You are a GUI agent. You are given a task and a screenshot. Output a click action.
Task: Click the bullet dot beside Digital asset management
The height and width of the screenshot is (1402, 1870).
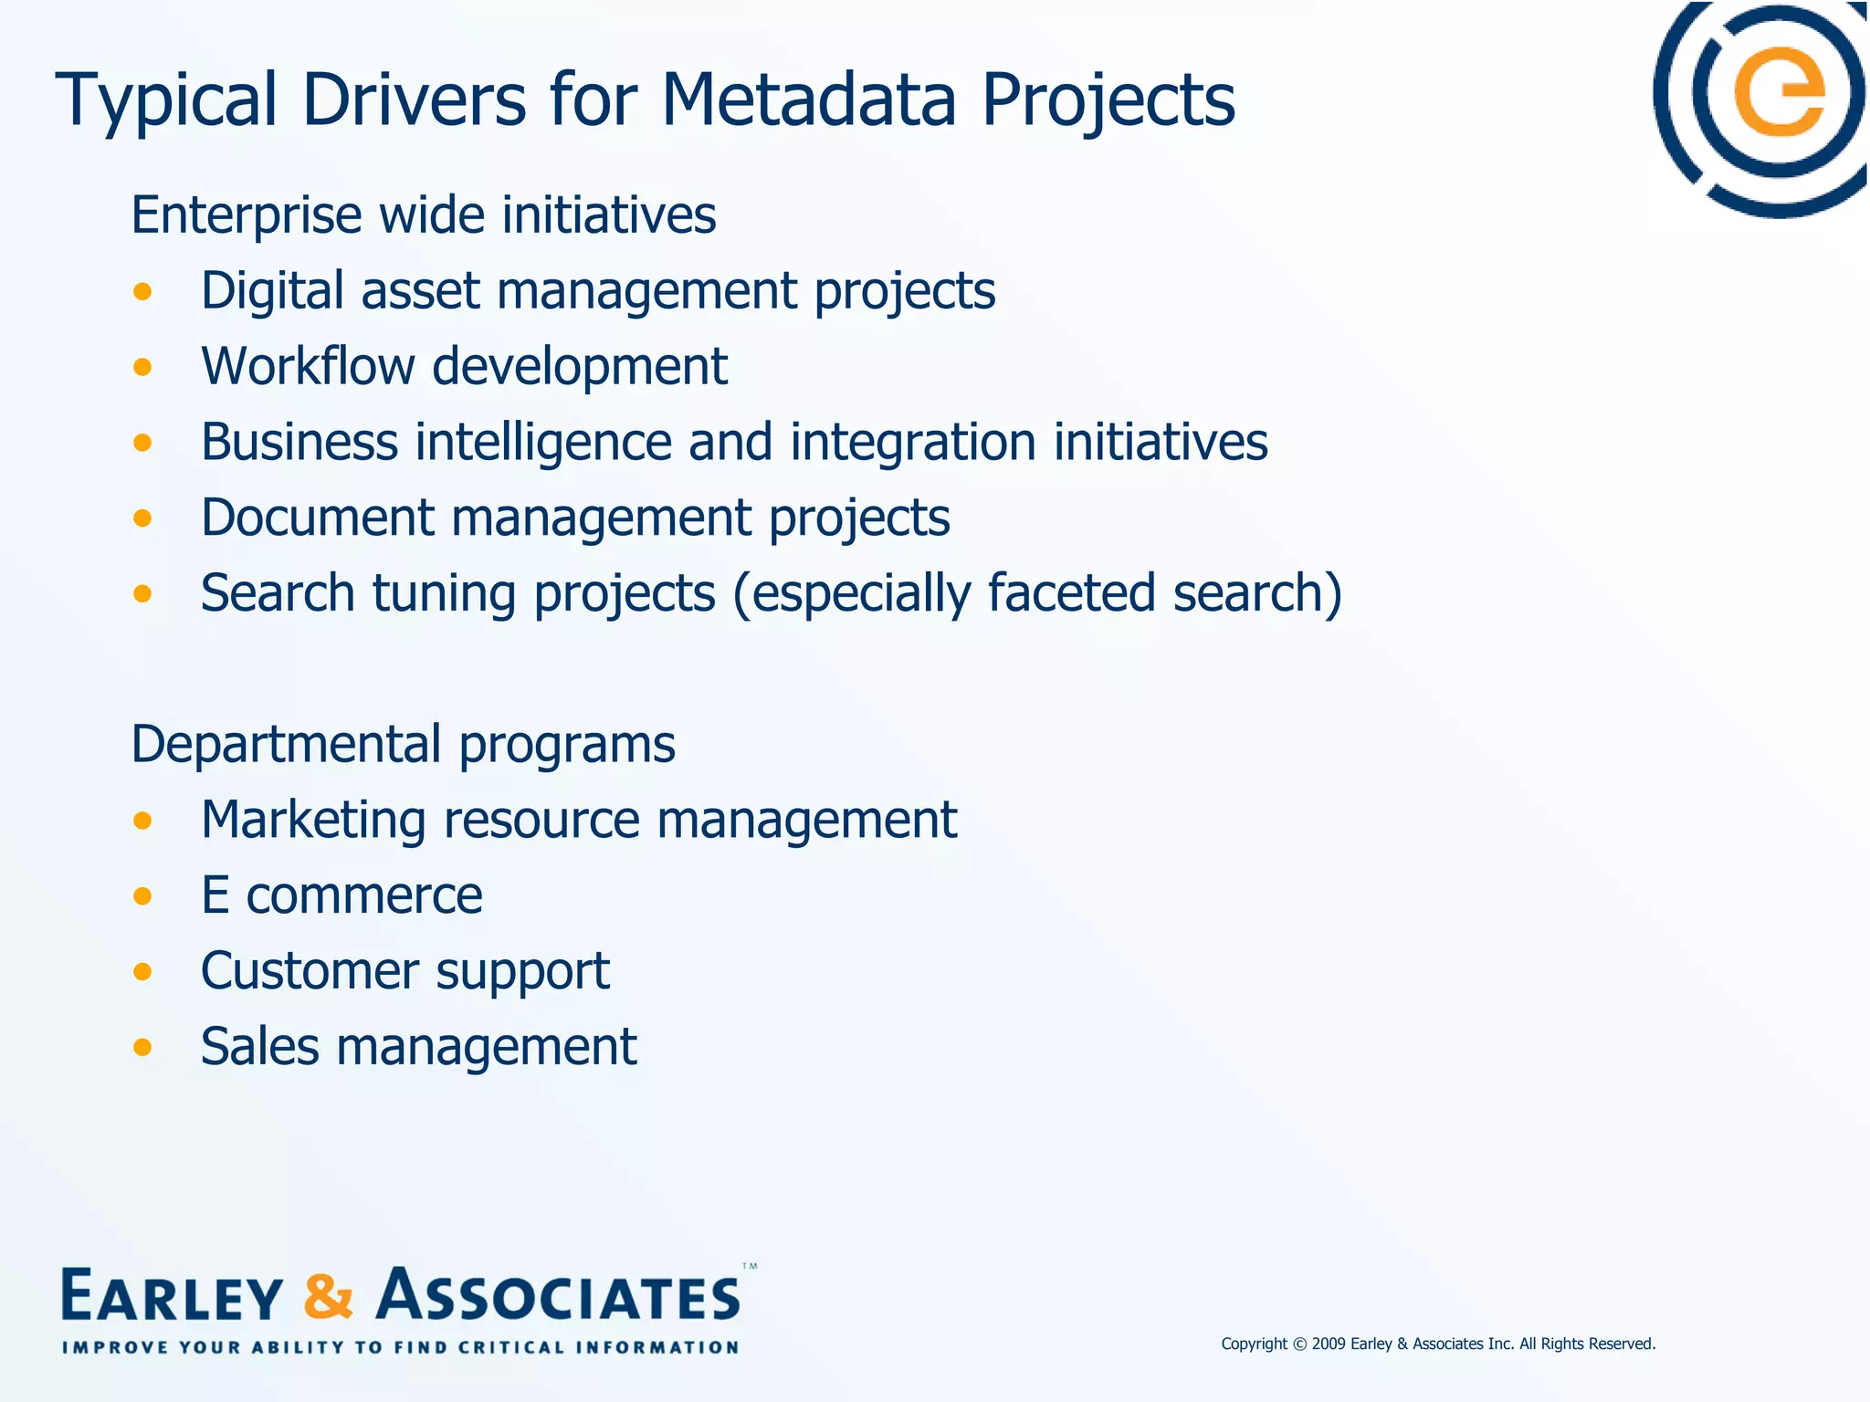tap(142, 292)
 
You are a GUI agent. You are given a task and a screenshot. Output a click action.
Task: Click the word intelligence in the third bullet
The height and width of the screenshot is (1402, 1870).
tap(543, 444)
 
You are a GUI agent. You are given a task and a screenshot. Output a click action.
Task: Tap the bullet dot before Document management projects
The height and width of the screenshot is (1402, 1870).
tap(142, 518)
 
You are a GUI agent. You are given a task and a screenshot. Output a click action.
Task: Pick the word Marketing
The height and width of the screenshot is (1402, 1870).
tap(313, 820)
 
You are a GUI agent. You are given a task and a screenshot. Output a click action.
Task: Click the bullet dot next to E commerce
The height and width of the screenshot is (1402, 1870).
tap(142, 895)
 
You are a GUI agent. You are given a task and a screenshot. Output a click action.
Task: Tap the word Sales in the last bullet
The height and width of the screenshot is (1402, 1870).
tap(259, 1046)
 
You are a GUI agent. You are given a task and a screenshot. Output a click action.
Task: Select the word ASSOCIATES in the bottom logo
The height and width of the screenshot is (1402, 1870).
tap(559, 1296)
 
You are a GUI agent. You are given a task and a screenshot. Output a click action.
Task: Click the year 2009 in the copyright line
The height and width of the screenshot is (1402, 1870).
tap(1329, 1344)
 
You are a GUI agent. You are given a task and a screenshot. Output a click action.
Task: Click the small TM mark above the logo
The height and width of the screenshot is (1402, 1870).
tap(750, 1267)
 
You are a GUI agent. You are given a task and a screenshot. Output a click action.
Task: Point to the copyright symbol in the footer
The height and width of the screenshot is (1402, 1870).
tap(1300, 1344)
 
